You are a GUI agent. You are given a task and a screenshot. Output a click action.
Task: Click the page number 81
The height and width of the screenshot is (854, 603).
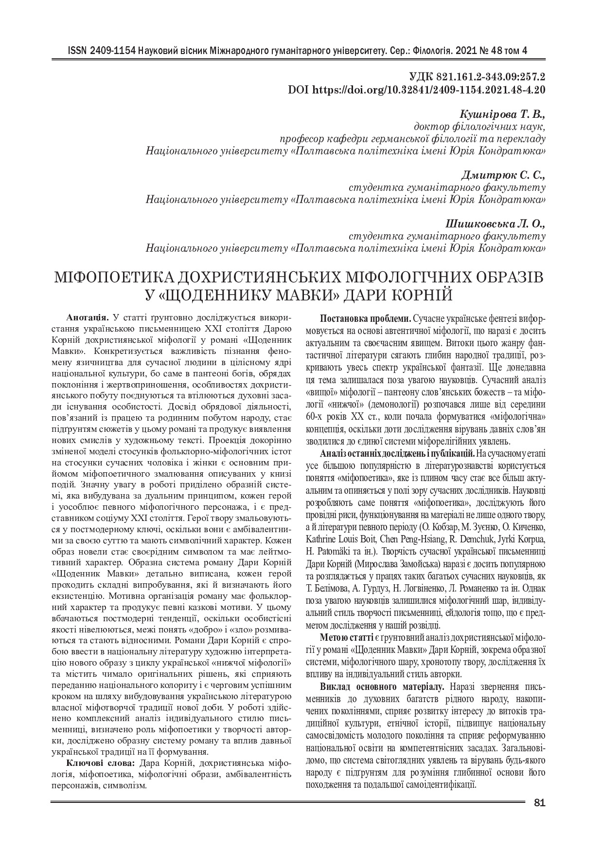click(x=539, y=803)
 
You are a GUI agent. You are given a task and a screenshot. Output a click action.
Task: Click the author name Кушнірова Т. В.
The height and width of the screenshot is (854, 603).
click(x=502, y=114)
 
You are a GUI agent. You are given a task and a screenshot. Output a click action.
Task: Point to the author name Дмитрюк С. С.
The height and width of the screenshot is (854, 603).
click(x=505, y=174)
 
